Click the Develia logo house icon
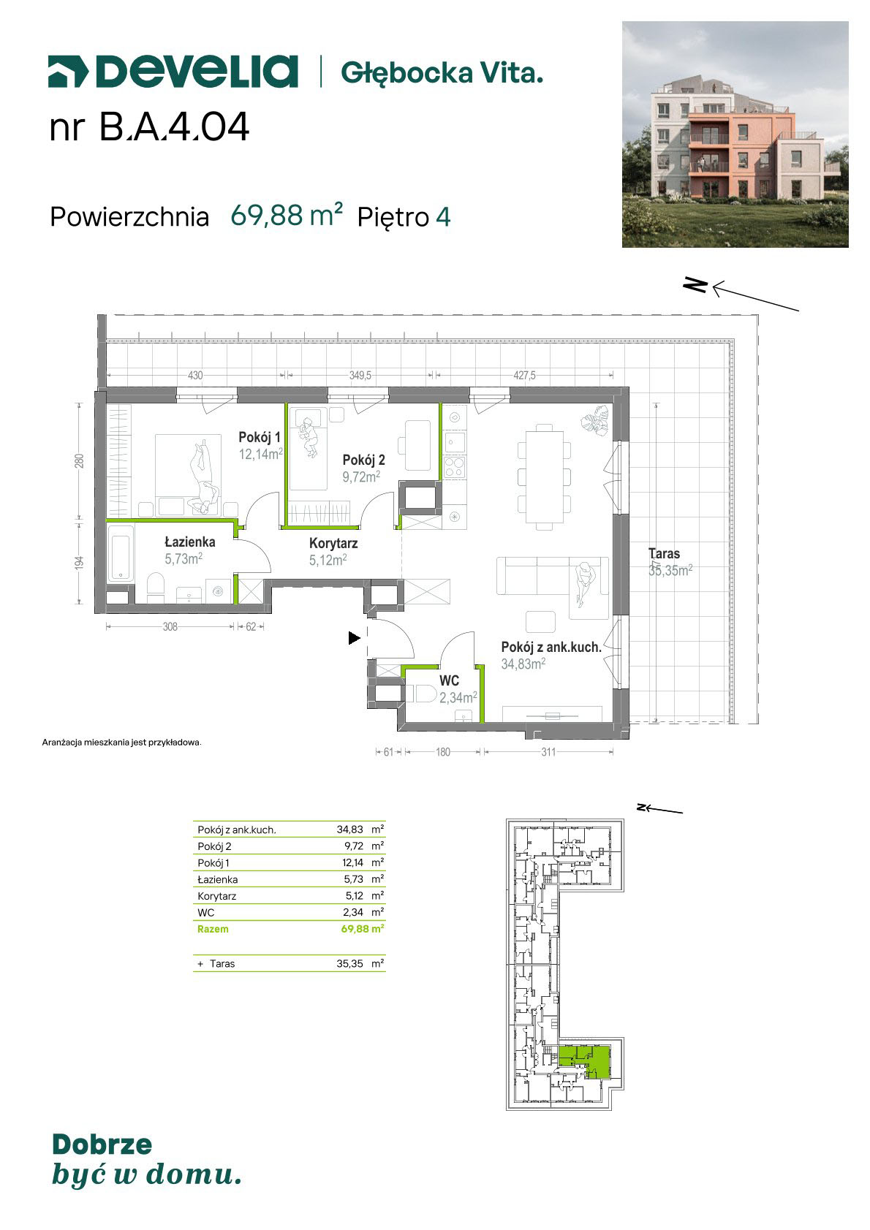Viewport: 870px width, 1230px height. pyautogui.click(x=68, y=72)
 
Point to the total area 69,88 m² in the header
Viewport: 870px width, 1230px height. pyautogui.click(x=286, y=215)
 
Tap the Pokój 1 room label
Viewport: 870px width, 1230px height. pyautogui.click(x=260, y=437)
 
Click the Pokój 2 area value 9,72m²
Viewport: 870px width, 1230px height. pyautogui.click(x=361, y=477)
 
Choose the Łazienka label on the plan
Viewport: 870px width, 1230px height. pyautogui.click(x=190, y=542)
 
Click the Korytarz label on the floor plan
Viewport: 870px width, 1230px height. pyautogui.click(x=333, y=544)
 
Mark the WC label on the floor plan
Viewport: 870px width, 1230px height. pyautogui.click(x=450, y=681)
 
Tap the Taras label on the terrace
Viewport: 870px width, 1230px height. pyautogui.click(x=664, y=553)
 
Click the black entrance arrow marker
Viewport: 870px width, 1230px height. pyautogui.click(x=355, y=638)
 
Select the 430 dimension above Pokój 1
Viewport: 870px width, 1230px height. pyautogui.click(x=195, y=376)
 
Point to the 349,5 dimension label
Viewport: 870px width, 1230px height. pyautogui.click(x=360, y=376)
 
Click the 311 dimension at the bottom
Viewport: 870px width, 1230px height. pyautogui.click(x=549, y=752)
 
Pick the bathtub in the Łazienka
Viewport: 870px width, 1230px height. pyautogui.click(x=121, y=553)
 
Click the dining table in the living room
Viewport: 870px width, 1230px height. pyautogui.click(x=545, y=477)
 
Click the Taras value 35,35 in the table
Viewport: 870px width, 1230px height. pyautogui.click(x=350, y=964)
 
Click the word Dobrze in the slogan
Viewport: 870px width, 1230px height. pyautogui.click(x=102, y=1144)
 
